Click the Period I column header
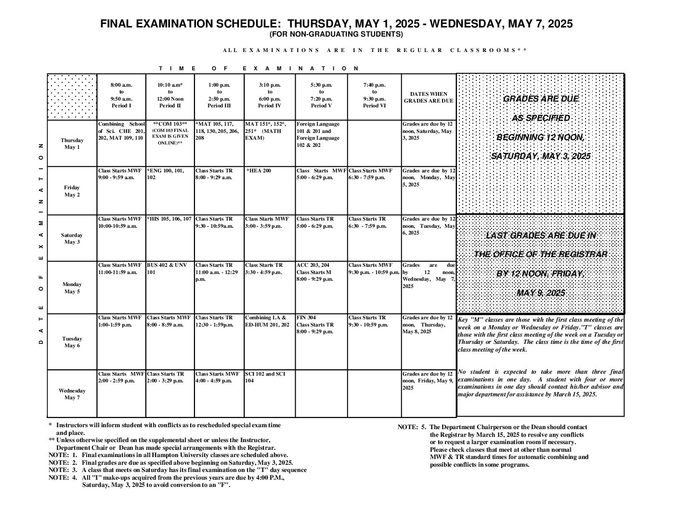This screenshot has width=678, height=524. [121, 95]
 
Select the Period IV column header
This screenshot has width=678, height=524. [270, 95]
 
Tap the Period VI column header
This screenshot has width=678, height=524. [374, 95]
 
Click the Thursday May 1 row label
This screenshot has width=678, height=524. [72, 144]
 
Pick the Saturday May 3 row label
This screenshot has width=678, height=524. [72, 238]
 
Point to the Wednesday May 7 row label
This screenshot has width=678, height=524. [72, 394]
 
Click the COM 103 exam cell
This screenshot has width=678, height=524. [170, 133]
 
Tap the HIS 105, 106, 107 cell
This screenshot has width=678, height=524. [169, 219]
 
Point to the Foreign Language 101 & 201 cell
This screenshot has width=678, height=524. [318, 134]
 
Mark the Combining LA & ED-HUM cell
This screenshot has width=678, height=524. [267, 321]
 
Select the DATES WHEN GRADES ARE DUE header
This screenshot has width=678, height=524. [429, 97]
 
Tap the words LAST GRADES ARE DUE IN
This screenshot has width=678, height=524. [541, 236]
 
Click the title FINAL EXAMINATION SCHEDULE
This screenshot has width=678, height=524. [336, 24]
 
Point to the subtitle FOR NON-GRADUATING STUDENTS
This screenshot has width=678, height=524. [336, 34]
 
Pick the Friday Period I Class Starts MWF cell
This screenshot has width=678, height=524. [120, 174]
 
